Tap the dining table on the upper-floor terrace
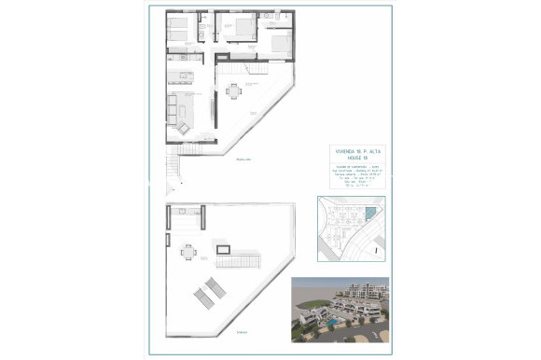pyautogui.click(x=234, y=90)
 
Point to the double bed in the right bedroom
pyautogui.click(x=280, y=41)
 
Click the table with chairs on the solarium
pyautogui.click(x=188, y=251)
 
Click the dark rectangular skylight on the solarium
pyautogui.click(x=224, y=249)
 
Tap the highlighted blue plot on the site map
pyautogui.click(x=370, y=214)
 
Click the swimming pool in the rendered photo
pyautogui.click(x=331, y=322)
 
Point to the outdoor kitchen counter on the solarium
pyautogui.click(x=187, y=213)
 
